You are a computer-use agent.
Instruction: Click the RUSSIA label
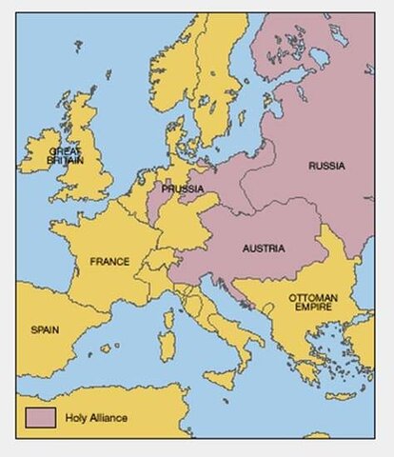[x=326, y=166]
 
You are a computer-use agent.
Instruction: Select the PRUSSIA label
[x=182, y=189]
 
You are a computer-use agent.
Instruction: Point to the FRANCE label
[x=109, y=260]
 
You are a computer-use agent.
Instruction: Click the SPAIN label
[x=45, y=329]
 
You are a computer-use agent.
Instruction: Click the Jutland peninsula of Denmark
[x=174, y=143]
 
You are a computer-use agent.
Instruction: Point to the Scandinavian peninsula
[x=214, y=76]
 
